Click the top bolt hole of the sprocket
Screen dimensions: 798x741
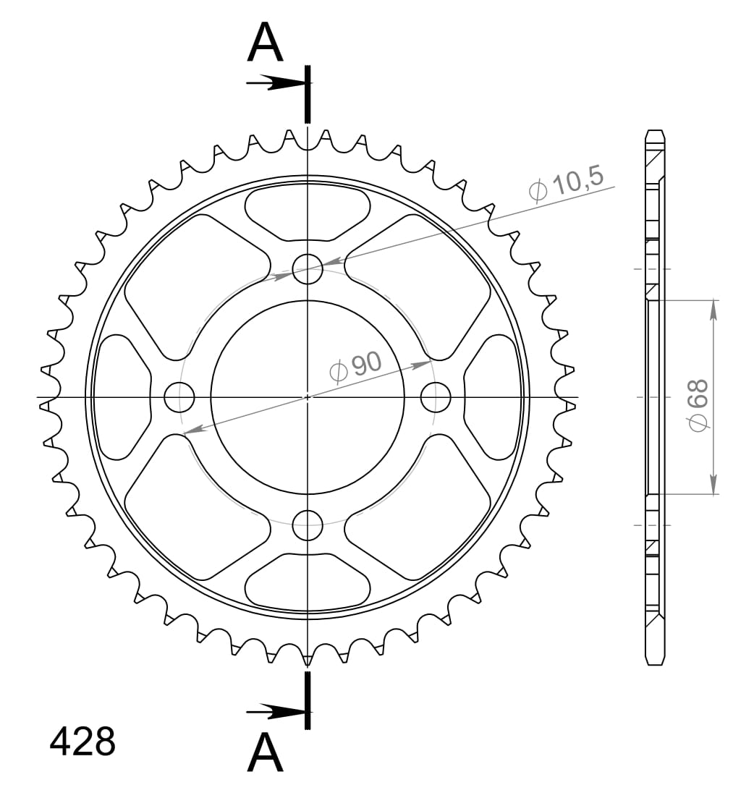(x=308, y=269)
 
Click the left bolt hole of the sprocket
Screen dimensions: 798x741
(x=179, y=396)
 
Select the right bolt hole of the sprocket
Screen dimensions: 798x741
(x=436, y=396)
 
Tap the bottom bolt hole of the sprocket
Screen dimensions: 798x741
(x=308, y=525)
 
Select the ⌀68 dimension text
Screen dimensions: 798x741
(x=698, y=405)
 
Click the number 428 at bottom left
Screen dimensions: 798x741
(x=82, y=742)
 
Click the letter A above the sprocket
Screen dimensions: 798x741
(x=265, y=43)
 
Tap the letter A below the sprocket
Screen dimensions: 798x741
(x=265, y=754)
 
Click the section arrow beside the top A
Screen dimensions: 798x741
(x=275, y=83)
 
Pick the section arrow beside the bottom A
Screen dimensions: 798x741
(x=275, y=713)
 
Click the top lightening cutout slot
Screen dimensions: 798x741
(x=308, y=210)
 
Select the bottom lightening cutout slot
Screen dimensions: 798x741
(x=308, y=582)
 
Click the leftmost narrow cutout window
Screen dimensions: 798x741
(x=122, y=396)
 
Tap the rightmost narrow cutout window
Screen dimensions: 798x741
(x=494, y=396)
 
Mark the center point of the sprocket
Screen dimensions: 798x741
(x=308, y=396)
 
